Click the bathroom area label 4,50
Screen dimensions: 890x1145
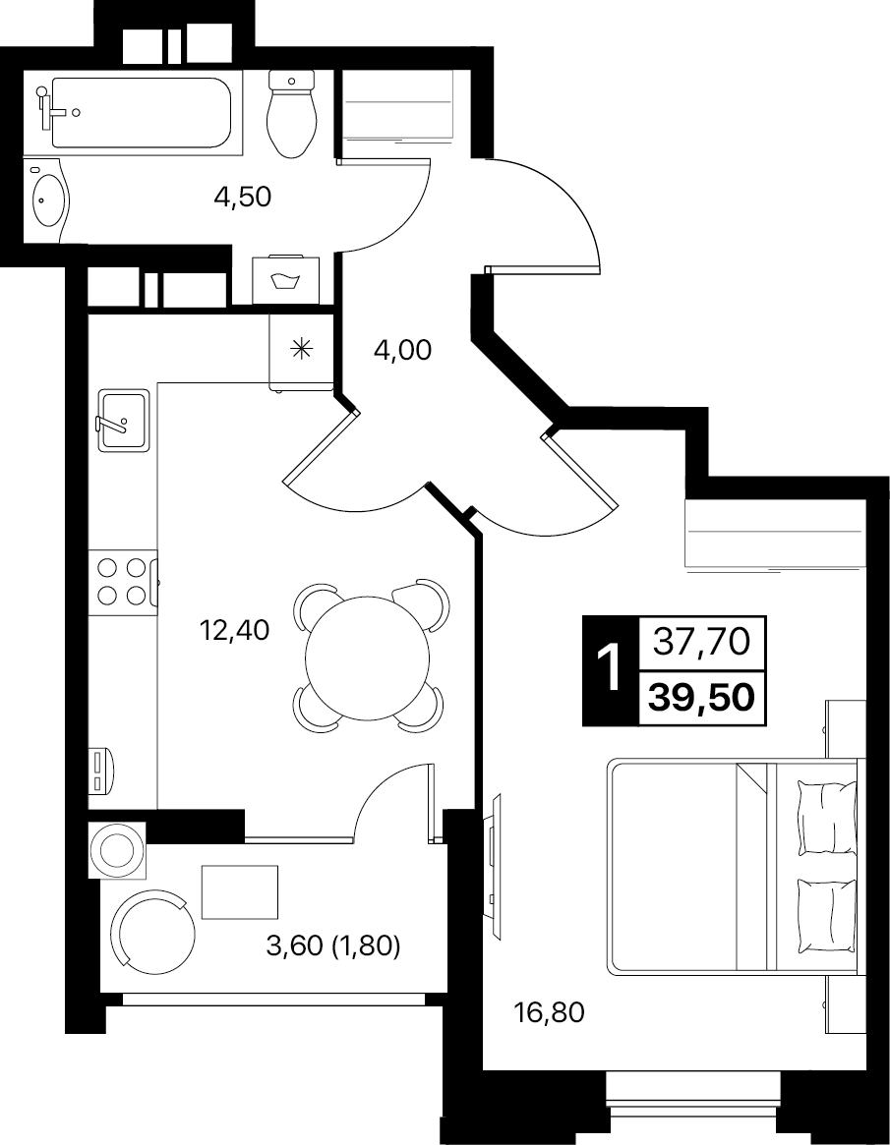(x=243, y=197)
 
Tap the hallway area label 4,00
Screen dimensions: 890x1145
(x=402, y=351)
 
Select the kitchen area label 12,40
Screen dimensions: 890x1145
(x=235, y=629)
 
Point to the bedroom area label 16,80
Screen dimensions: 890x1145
(x=550, y=1013)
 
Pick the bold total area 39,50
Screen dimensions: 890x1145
(x=702, y=698)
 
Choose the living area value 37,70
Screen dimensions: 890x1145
(x=701, y=642)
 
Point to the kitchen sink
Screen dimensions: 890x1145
(x=123, y=419)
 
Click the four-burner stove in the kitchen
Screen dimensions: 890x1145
(x=123, y=582)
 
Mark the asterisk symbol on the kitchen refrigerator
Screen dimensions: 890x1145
(x=301, y=349)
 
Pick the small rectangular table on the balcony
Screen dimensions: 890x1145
(x=240, y=891)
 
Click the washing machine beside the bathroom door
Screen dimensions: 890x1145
(x=286, y=280)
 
